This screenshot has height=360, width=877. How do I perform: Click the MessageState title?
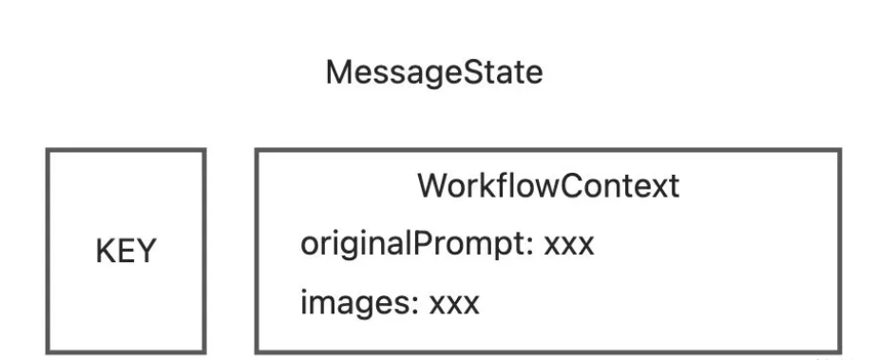point(434,74)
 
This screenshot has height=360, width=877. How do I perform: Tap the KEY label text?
point(125,251)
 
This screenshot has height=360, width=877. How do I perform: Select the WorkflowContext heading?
point(548,185)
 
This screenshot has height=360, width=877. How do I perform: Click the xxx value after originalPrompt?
point(569,247)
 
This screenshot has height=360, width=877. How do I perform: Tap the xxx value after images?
point(454,306)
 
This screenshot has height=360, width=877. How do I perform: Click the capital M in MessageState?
point(338,73)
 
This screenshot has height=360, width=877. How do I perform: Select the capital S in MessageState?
point(460,73)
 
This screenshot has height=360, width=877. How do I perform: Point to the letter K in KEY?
point(105,251)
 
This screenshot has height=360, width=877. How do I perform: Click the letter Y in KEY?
point(145,251)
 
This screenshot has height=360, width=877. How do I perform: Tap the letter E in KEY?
point(124,251)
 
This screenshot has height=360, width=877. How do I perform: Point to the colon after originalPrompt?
point(529,247)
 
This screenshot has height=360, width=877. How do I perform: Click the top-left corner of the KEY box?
point(48,150)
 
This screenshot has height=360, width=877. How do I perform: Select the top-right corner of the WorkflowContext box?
point(840,150)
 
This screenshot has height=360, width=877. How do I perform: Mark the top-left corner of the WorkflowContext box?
point(257,150)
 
